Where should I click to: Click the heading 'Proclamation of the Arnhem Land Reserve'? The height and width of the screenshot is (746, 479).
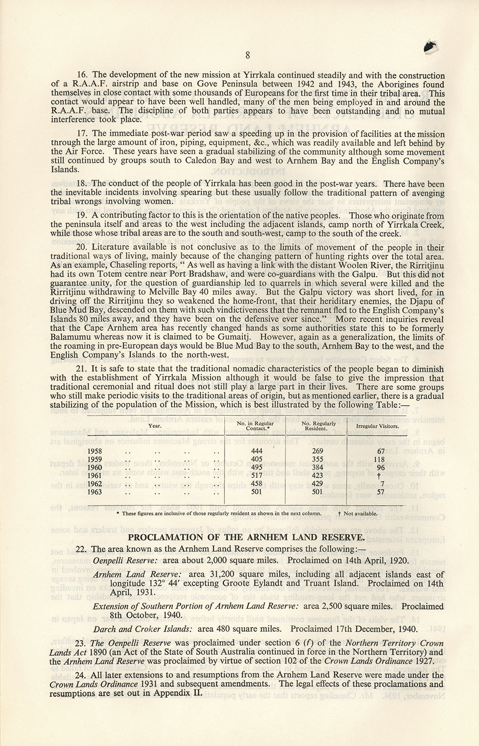point(246,537)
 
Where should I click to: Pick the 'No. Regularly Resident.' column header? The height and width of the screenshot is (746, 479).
point(319,426)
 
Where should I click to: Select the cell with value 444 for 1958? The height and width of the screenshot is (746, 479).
point(256,451)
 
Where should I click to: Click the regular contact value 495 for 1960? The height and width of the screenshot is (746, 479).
point(256,467)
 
